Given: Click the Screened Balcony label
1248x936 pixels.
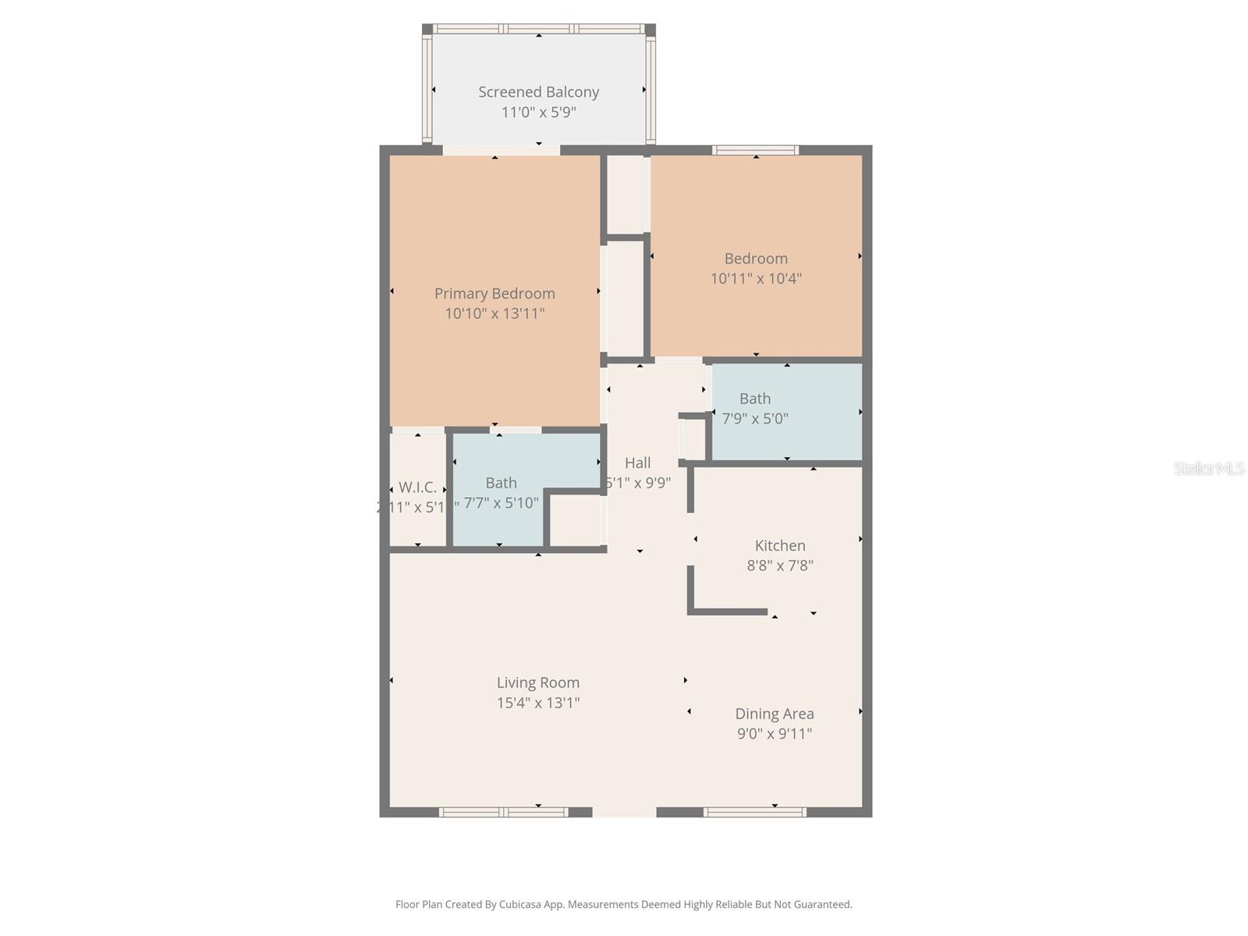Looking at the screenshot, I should pos(538,92).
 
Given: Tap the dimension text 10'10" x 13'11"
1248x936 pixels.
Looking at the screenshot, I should pos(495,314).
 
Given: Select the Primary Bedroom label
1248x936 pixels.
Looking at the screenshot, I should pos(495,293).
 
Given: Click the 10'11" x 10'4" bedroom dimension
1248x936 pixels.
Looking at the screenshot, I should pos(756,278).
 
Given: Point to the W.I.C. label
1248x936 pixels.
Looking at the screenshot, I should pos(417,487).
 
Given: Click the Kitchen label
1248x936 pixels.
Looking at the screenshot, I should pos(780,546).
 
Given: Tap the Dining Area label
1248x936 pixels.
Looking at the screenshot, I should pos(775,714).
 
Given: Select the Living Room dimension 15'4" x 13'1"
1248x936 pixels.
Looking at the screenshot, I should pos(538,703).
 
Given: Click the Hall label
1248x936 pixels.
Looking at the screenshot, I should pos(637,463).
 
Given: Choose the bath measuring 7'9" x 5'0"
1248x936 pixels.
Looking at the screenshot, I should pos(755,409).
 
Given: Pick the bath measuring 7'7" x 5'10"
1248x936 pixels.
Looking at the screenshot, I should pos(501,493).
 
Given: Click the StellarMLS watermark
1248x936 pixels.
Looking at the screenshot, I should pos(1209,469).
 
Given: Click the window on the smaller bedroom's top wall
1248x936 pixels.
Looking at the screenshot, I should pos(755,150).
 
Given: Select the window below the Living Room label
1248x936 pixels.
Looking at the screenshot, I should pos(504,812).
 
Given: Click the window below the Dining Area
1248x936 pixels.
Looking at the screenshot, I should pos(754,812).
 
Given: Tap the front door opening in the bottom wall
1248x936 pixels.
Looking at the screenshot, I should pos(624,812).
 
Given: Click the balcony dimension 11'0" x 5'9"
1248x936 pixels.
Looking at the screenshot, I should pos(538,112).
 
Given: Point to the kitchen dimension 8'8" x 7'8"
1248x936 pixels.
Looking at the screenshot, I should pos(780,565).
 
